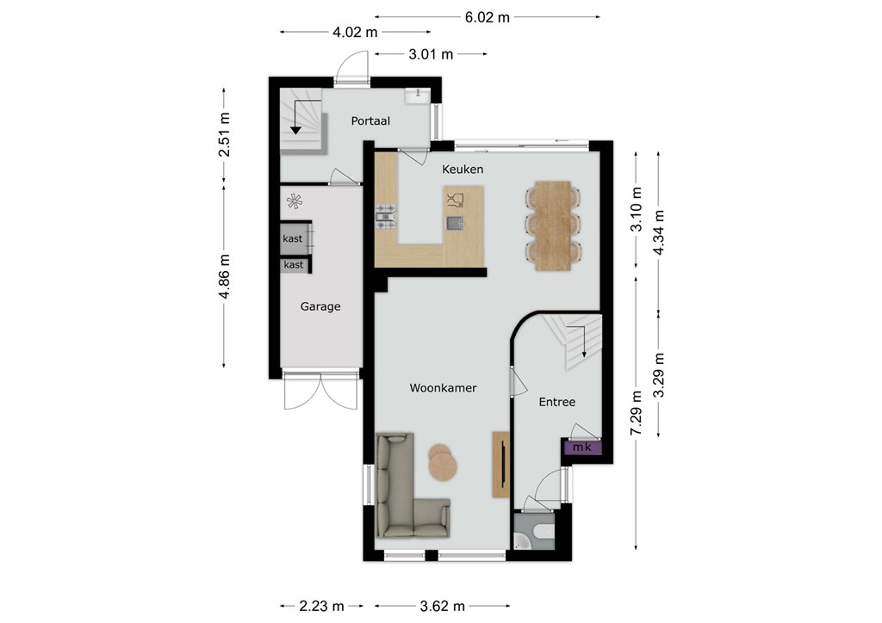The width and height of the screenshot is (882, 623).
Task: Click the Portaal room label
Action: [x=370, y=120]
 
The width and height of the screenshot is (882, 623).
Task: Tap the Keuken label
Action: [x=463, y=170]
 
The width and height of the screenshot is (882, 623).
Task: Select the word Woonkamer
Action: [x=444, y=387]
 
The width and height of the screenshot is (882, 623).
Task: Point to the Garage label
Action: [x=320, y=306]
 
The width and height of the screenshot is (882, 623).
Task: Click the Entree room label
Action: [x=557, y=402]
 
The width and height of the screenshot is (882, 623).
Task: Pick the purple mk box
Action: [x=581, y=447]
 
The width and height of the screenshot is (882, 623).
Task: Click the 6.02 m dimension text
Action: [x=488, y=17]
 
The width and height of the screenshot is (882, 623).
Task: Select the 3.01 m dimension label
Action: [x=431, y=54]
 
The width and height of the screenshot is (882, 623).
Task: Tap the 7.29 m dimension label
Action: [x=637, y=413]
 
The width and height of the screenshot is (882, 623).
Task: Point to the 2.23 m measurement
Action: [x=322, y=606]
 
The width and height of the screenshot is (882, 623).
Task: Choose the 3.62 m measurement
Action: [x=443, y=606]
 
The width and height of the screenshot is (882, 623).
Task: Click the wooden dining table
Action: [x=553, y=225]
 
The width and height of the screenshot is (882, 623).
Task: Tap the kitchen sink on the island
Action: [x=455, y=223]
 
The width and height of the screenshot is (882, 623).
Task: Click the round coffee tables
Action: [x=444, y=462]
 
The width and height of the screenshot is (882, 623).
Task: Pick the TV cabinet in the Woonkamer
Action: [x=501, y=464]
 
